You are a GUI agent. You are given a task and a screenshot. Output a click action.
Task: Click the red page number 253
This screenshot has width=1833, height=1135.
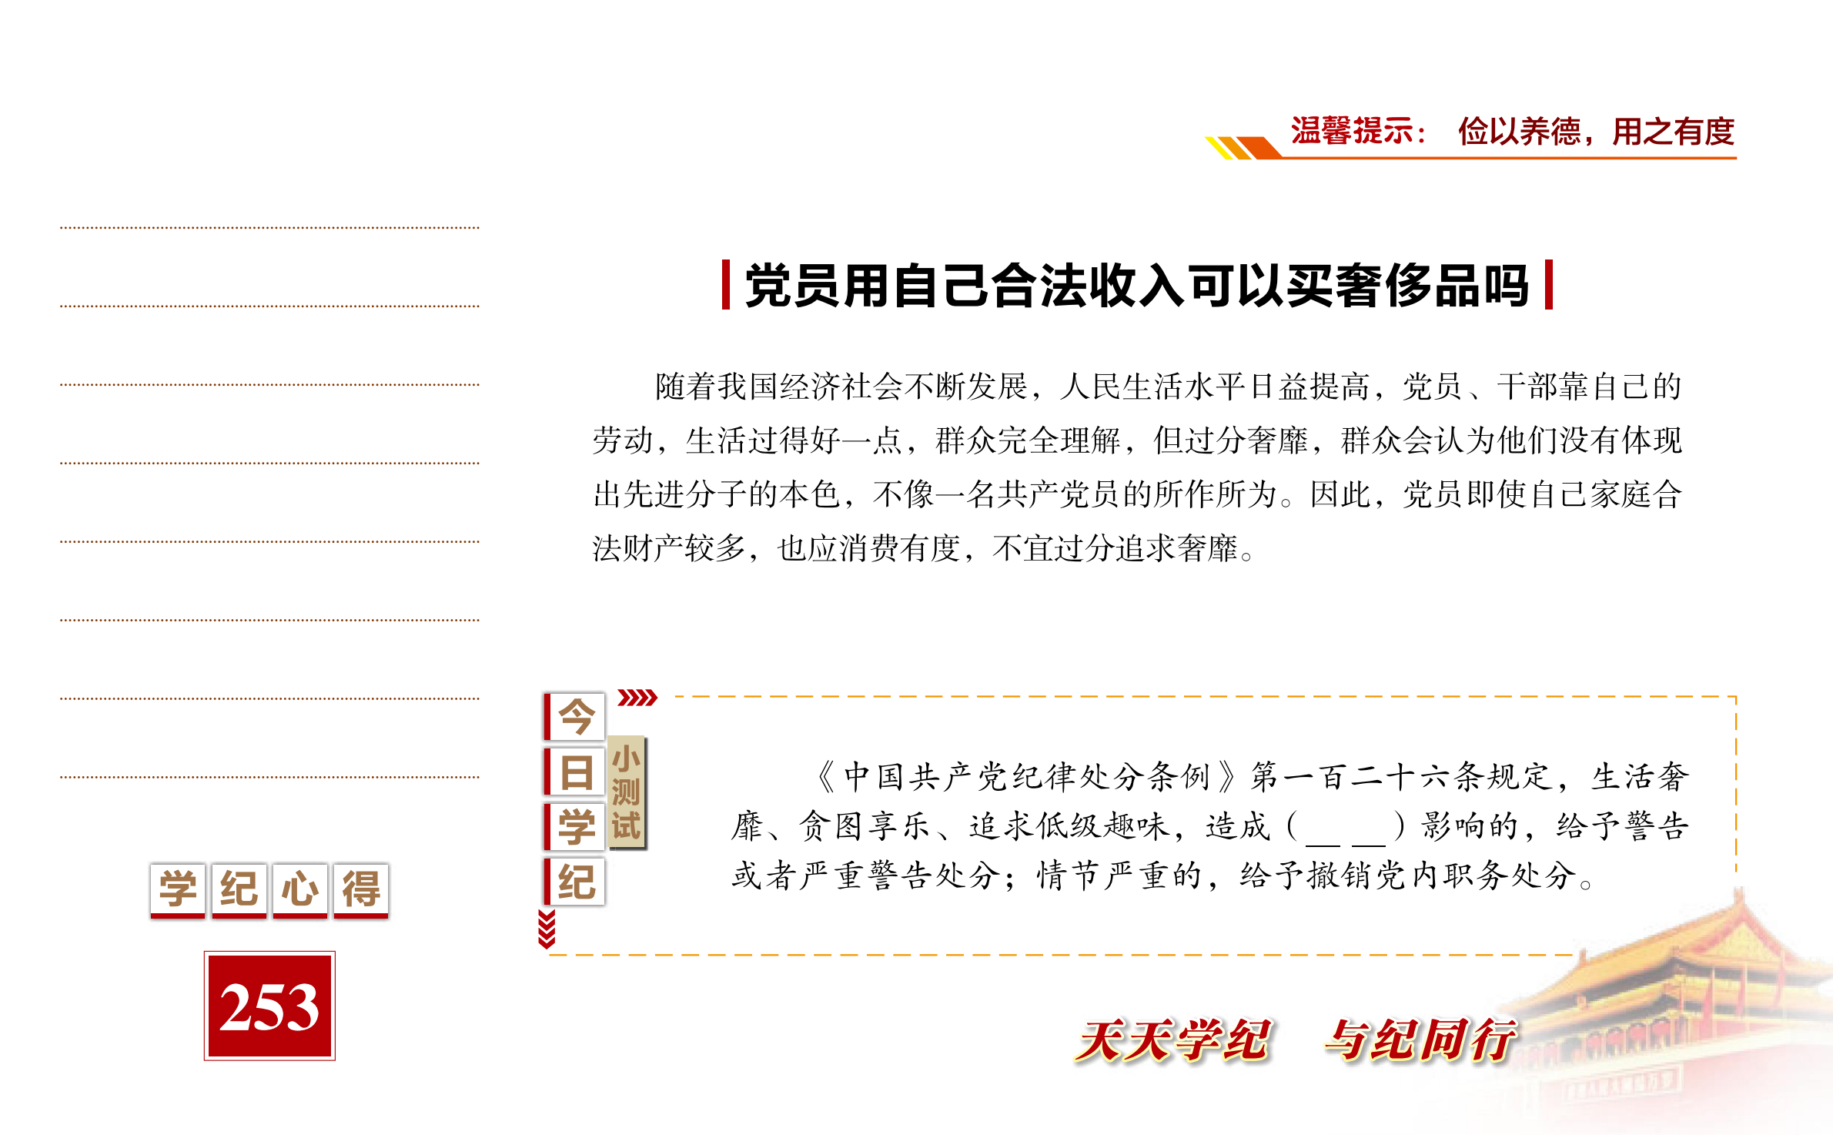point(269,1006)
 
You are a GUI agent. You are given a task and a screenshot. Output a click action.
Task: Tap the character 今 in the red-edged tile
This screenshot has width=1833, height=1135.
point(575,717)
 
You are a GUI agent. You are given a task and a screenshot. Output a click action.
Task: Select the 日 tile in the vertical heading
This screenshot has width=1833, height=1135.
point(575,772)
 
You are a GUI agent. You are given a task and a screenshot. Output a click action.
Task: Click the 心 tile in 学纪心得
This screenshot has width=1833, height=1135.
point(300,890)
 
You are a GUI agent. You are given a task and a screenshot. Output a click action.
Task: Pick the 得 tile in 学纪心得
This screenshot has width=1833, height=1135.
point(361,890)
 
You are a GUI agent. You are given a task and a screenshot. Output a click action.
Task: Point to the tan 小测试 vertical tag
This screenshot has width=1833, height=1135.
point(627,792)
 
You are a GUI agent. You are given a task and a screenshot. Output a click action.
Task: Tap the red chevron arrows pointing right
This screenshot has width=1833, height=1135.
point(637,698)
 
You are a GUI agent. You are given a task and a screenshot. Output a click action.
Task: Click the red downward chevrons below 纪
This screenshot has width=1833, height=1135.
point(547,929)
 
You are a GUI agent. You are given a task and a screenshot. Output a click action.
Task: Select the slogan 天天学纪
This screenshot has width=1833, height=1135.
point(1173,1040)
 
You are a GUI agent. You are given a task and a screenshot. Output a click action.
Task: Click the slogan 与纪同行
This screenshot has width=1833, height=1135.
point(1421,1040)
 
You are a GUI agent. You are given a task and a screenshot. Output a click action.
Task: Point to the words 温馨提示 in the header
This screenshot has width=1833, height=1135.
point(1352,131)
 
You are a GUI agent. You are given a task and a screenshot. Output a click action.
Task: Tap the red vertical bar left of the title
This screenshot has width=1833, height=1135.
point(725,285)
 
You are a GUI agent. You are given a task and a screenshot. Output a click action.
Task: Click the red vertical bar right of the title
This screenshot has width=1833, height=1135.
point(1549,285)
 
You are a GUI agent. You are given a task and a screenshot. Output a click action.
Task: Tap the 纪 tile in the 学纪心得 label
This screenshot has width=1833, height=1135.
point(239,890)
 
